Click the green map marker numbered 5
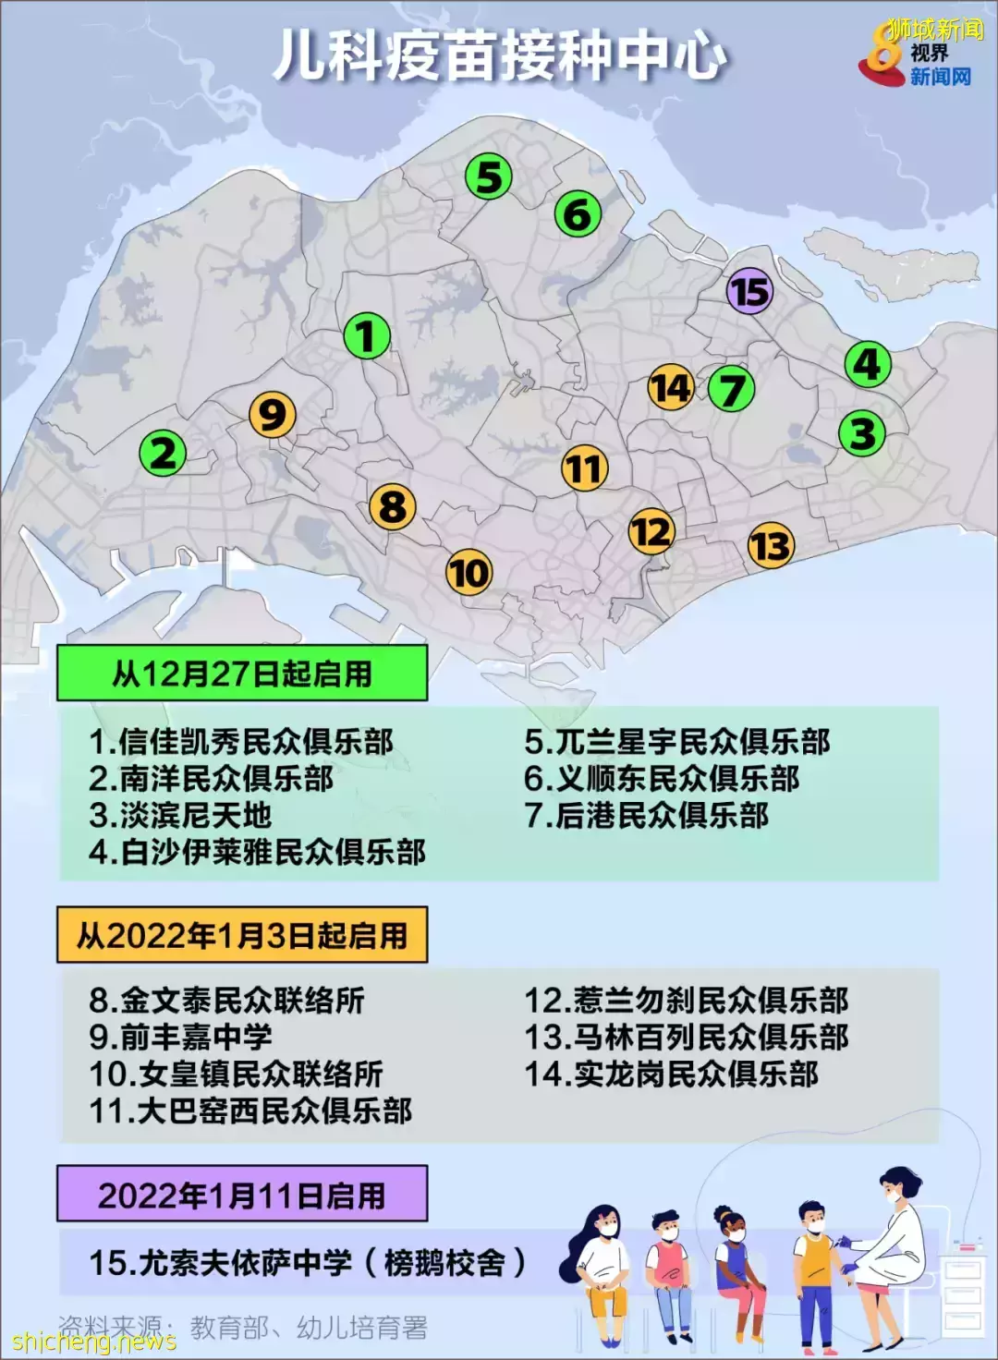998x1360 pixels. tap(489, 177)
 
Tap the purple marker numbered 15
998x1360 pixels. tap(749, 292)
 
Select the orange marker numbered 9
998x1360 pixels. tap(273, 415)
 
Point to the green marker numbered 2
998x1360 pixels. tap(163, 454)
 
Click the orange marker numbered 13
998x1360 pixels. tap(771, 545)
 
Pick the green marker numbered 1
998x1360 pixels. tap(367, 335)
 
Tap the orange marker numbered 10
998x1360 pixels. tap(469, 573)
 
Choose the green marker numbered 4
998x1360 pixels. tap(868, 364)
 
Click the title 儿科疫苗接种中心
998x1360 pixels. tap(499, 55)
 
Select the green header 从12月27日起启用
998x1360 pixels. tap(242, 674)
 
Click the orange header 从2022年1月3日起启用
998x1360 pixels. tap(242, 935)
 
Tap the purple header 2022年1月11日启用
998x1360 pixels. tap(242, 1195)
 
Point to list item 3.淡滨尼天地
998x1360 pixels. tap(181, 816)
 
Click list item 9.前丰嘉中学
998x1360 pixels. tap(181, 1038)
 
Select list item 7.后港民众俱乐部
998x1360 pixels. tap(647, 816)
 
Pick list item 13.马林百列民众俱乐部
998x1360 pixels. tap(687, 1038)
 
